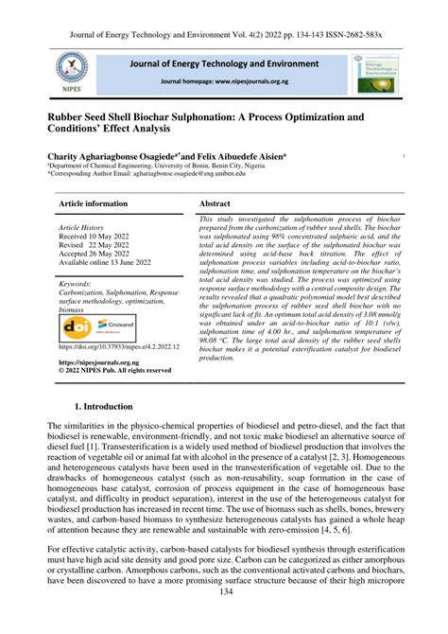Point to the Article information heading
pos(95,203)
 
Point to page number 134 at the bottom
pos(225,618)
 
